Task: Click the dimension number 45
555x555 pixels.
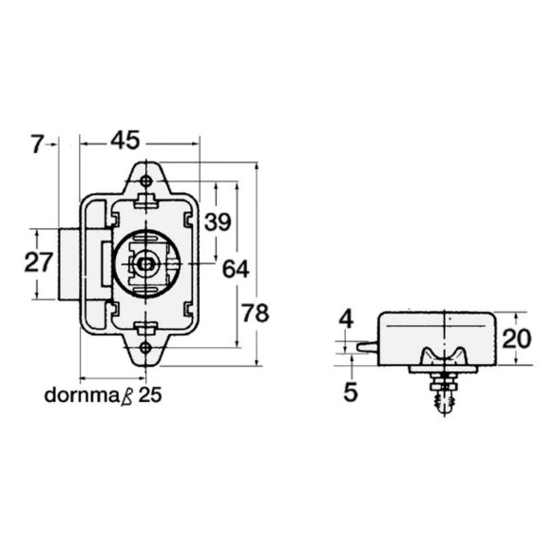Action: (125, 140)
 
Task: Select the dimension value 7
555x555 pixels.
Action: (36, 144)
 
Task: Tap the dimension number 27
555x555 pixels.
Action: (39, 262)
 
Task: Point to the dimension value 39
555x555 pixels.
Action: (218, 222)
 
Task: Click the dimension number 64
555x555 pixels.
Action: (236, 269)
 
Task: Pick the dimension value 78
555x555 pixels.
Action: (256, 314)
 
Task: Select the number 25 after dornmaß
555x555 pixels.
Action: (150, 395)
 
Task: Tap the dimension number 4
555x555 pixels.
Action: (346, 319)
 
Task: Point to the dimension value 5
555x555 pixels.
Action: (351, 392)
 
